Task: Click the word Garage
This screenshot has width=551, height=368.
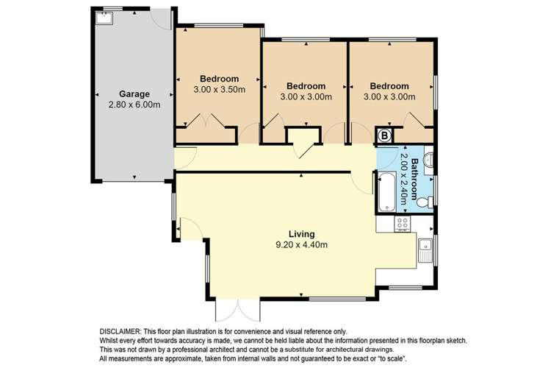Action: click(x=134, y=94)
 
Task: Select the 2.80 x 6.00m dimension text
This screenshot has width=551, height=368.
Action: click(x=134, y=105)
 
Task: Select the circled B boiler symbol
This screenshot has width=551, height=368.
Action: click(x=384, y=135)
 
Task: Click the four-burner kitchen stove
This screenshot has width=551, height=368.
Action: click(x=403, y=224)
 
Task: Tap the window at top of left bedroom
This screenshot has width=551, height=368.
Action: click(x=209, y=27)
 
